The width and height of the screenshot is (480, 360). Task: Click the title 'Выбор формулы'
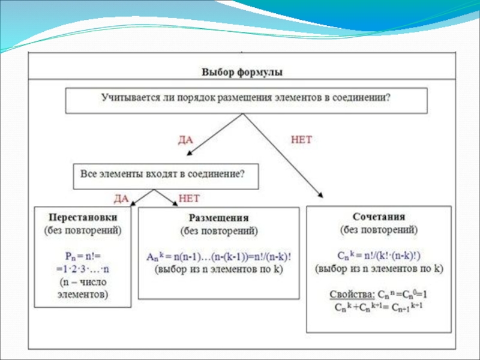(242, 71)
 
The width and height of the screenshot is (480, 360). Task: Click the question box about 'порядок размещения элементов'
(246, 100)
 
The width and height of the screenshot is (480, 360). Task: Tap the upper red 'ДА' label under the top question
(187, 139)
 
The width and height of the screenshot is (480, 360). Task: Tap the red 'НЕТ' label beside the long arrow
(301, 139)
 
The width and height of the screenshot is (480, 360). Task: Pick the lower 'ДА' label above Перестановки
(121, 197)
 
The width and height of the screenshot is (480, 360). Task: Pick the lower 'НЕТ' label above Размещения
(189, 197)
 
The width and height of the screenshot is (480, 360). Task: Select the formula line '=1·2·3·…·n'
(83, 268)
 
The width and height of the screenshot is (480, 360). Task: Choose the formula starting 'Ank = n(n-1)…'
(219, 256)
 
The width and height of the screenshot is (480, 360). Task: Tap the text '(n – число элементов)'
(83, 288)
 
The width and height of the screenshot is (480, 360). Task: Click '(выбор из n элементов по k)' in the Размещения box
(219, 269)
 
